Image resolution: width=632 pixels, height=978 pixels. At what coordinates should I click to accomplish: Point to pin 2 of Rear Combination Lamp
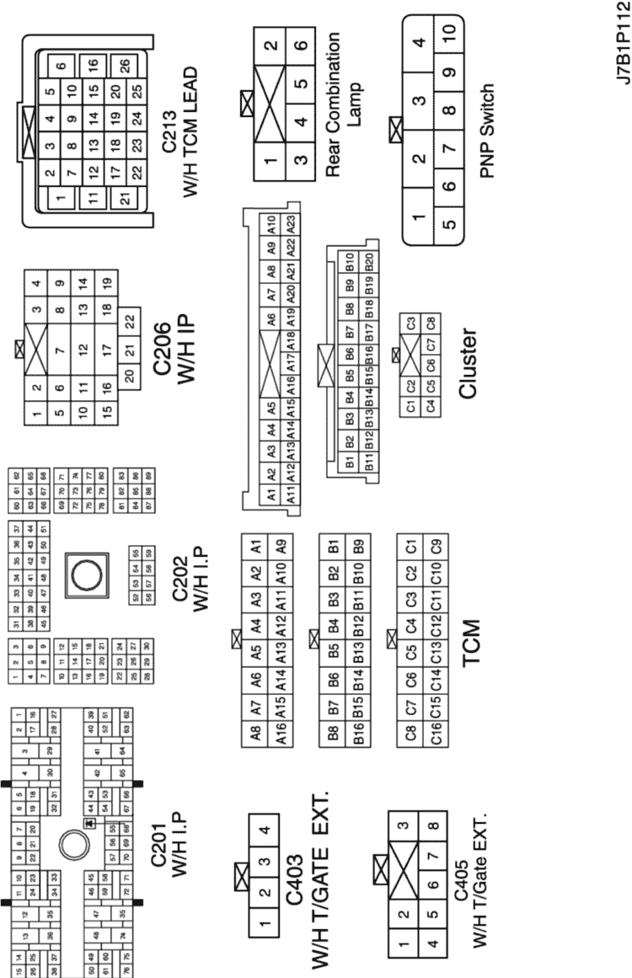pos(270,45)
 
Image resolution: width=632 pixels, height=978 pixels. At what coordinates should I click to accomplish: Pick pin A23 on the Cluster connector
pos(292,225)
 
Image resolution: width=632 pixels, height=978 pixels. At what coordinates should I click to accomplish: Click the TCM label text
pos(471,644)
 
